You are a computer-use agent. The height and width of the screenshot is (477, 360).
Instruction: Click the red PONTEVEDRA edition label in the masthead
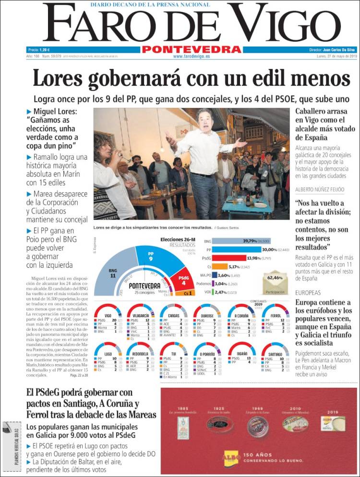[191, 49]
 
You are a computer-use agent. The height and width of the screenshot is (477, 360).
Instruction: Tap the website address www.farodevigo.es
[191, 56]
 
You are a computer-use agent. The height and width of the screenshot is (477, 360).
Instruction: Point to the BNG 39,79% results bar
[233, 241]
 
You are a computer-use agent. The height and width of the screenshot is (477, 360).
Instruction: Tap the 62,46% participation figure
[275, 277]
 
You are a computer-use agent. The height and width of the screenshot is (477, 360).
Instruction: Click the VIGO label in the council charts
[102, 315]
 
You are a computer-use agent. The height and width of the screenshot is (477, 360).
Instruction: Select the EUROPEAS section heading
[308, 292]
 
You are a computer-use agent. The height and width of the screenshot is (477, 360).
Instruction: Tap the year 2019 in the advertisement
[333, 412]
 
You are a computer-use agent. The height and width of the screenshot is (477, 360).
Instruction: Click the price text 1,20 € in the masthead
[45, 50]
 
